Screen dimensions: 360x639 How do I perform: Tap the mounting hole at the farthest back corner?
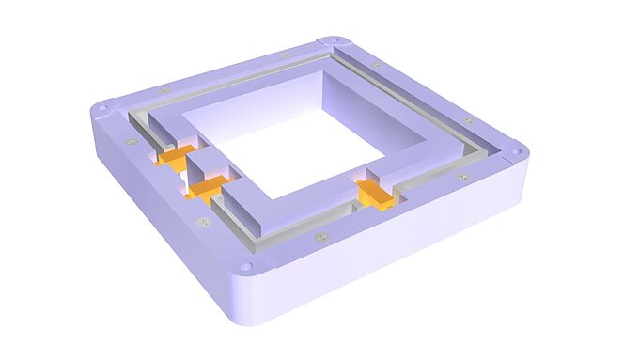pyautogui.click(x=331, y=40)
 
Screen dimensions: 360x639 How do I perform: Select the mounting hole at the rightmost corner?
pyautogui.click(x=517, y=149)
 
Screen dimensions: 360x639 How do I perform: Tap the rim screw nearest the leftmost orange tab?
pyautogui.click(x=132, y=141)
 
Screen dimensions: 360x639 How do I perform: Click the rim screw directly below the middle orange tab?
pyautogui.click(x=203, y=222)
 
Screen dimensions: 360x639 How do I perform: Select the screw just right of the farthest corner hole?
pyautogui.click(x=375, y=64)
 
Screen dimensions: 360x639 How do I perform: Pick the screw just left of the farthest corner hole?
pyautogui.click(x=286, y=55)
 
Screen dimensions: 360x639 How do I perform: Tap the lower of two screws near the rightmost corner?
pyautogui.click(x=461, y=176)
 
